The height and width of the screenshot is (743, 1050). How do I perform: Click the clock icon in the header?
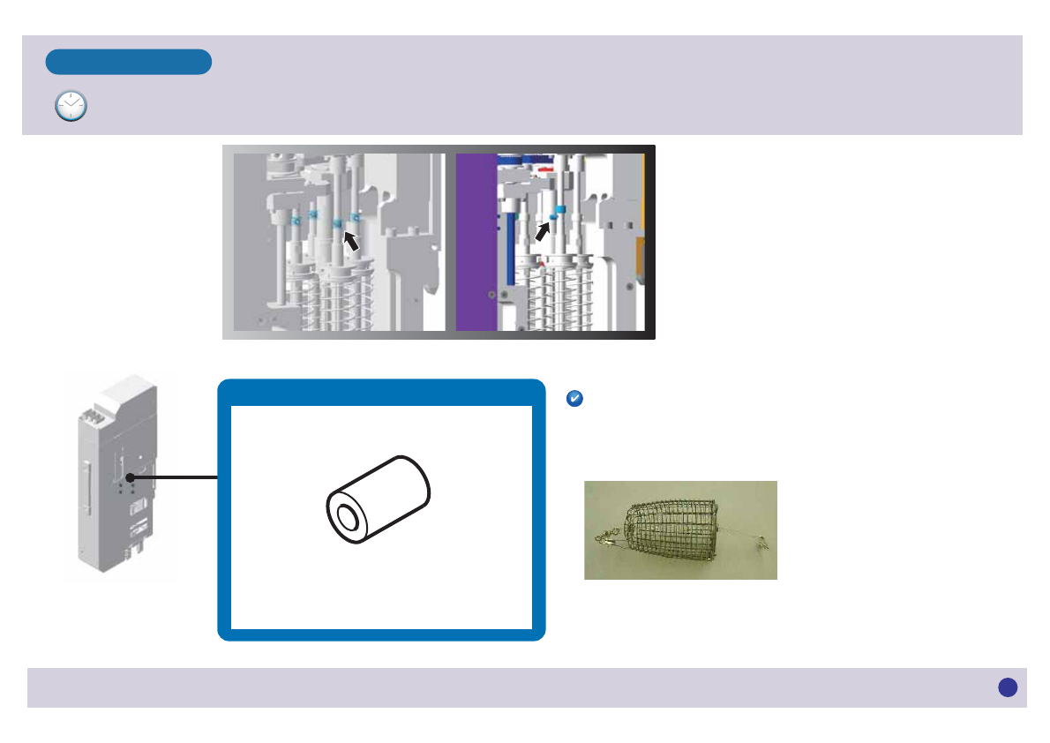click(x=71, y=105)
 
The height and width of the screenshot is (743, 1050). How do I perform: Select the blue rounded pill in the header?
click(x=129, y=62)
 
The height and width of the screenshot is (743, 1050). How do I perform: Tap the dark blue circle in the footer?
click(x=1008, y=687)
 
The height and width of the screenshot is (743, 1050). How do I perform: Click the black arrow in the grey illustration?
click(x=351, y=240)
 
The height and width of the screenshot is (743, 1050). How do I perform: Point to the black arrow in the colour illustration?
click(x=542, y=231)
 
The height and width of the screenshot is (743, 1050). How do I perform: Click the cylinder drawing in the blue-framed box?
click(x=379, y=500)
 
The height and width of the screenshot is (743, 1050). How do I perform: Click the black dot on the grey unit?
click(x=129, y=478)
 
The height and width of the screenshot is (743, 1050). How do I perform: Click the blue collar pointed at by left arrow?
click(x=336, y=224)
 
